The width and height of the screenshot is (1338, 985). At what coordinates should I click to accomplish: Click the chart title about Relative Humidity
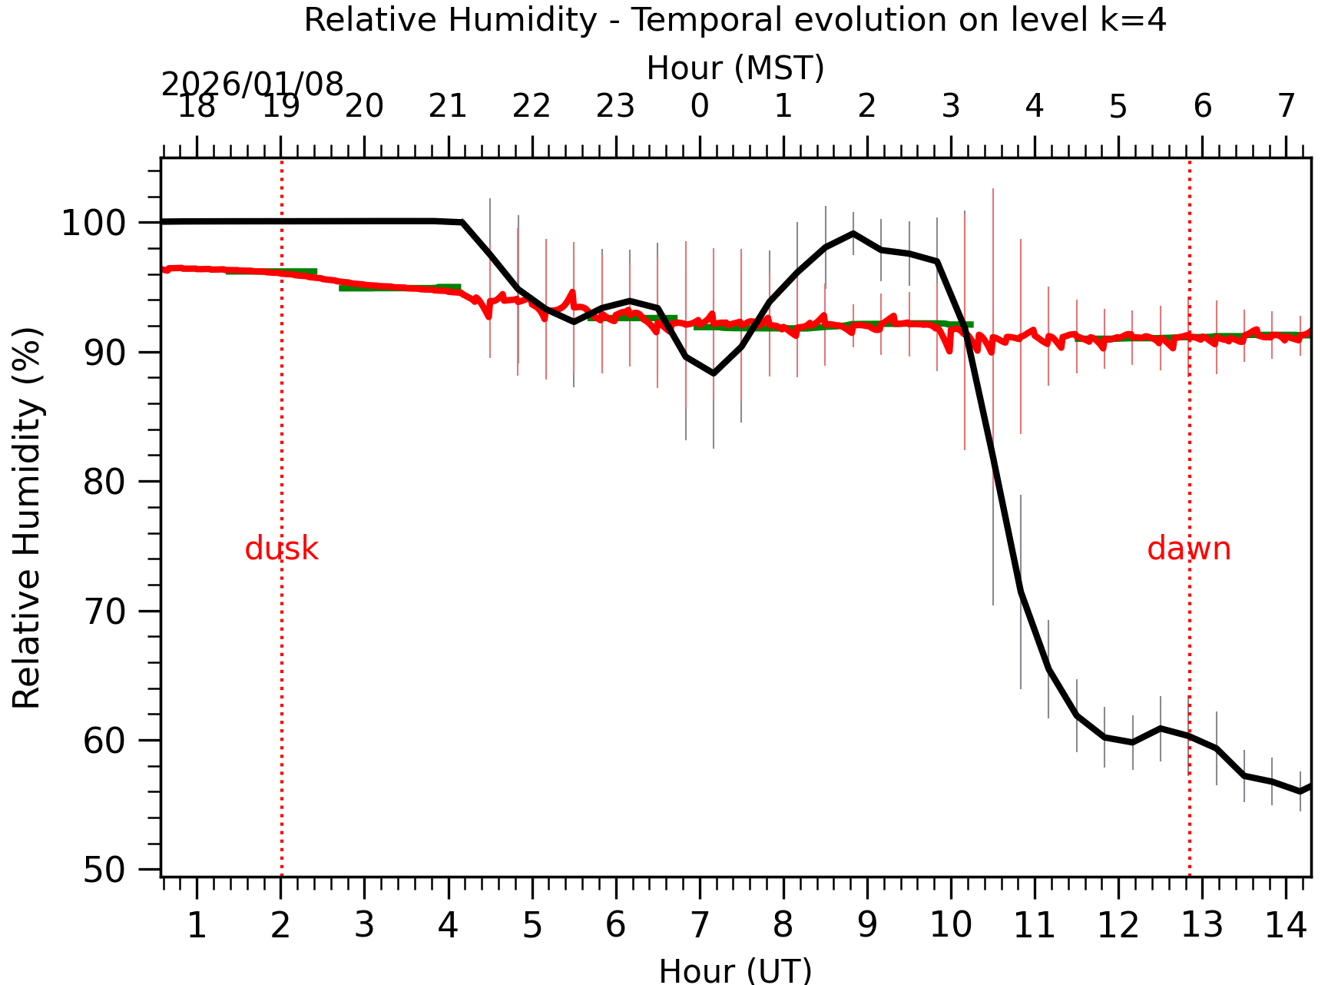[x=735, y=20]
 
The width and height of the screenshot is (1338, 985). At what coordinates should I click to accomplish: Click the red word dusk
[x=281, y=549]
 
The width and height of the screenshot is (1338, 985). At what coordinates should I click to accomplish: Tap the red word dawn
[x=1188, y=549]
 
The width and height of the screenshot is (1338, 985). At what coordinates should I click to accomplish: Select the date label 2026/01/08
[x=252, y=85]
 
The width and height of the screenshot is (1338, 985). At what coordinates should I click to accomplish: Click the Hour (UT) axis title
[x=735, y=970]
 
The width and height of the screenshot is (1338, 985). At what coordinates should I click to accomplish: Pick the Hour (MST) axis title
[x=735, y=68]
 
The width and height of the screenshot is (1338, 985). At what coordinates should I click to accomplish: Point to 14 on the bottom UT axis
[x=1285, y=925]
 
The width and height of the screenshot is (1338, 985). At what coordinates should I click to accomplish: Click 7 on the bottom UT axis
[x=699, y=925]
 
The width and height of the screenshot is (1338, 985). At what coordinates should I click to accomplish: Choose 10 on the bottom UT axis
[x=950, y=925]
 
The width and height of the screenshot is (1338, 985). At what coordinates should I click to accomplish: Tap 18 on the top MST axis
[x=197, y=107]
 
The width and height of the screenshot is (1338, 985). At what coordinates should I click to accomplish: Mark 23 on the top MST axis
[x=615, y=107]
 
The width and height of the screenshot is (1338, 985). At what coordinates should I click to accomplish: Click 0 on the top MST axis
[x=699, y=107]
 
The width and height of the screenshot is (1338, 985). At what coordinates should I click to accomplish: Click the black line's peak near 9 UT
[x=853, y=233]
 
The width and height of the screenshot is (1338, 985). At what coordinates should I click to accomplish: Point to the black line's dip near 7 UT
[x=714, y=373]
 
